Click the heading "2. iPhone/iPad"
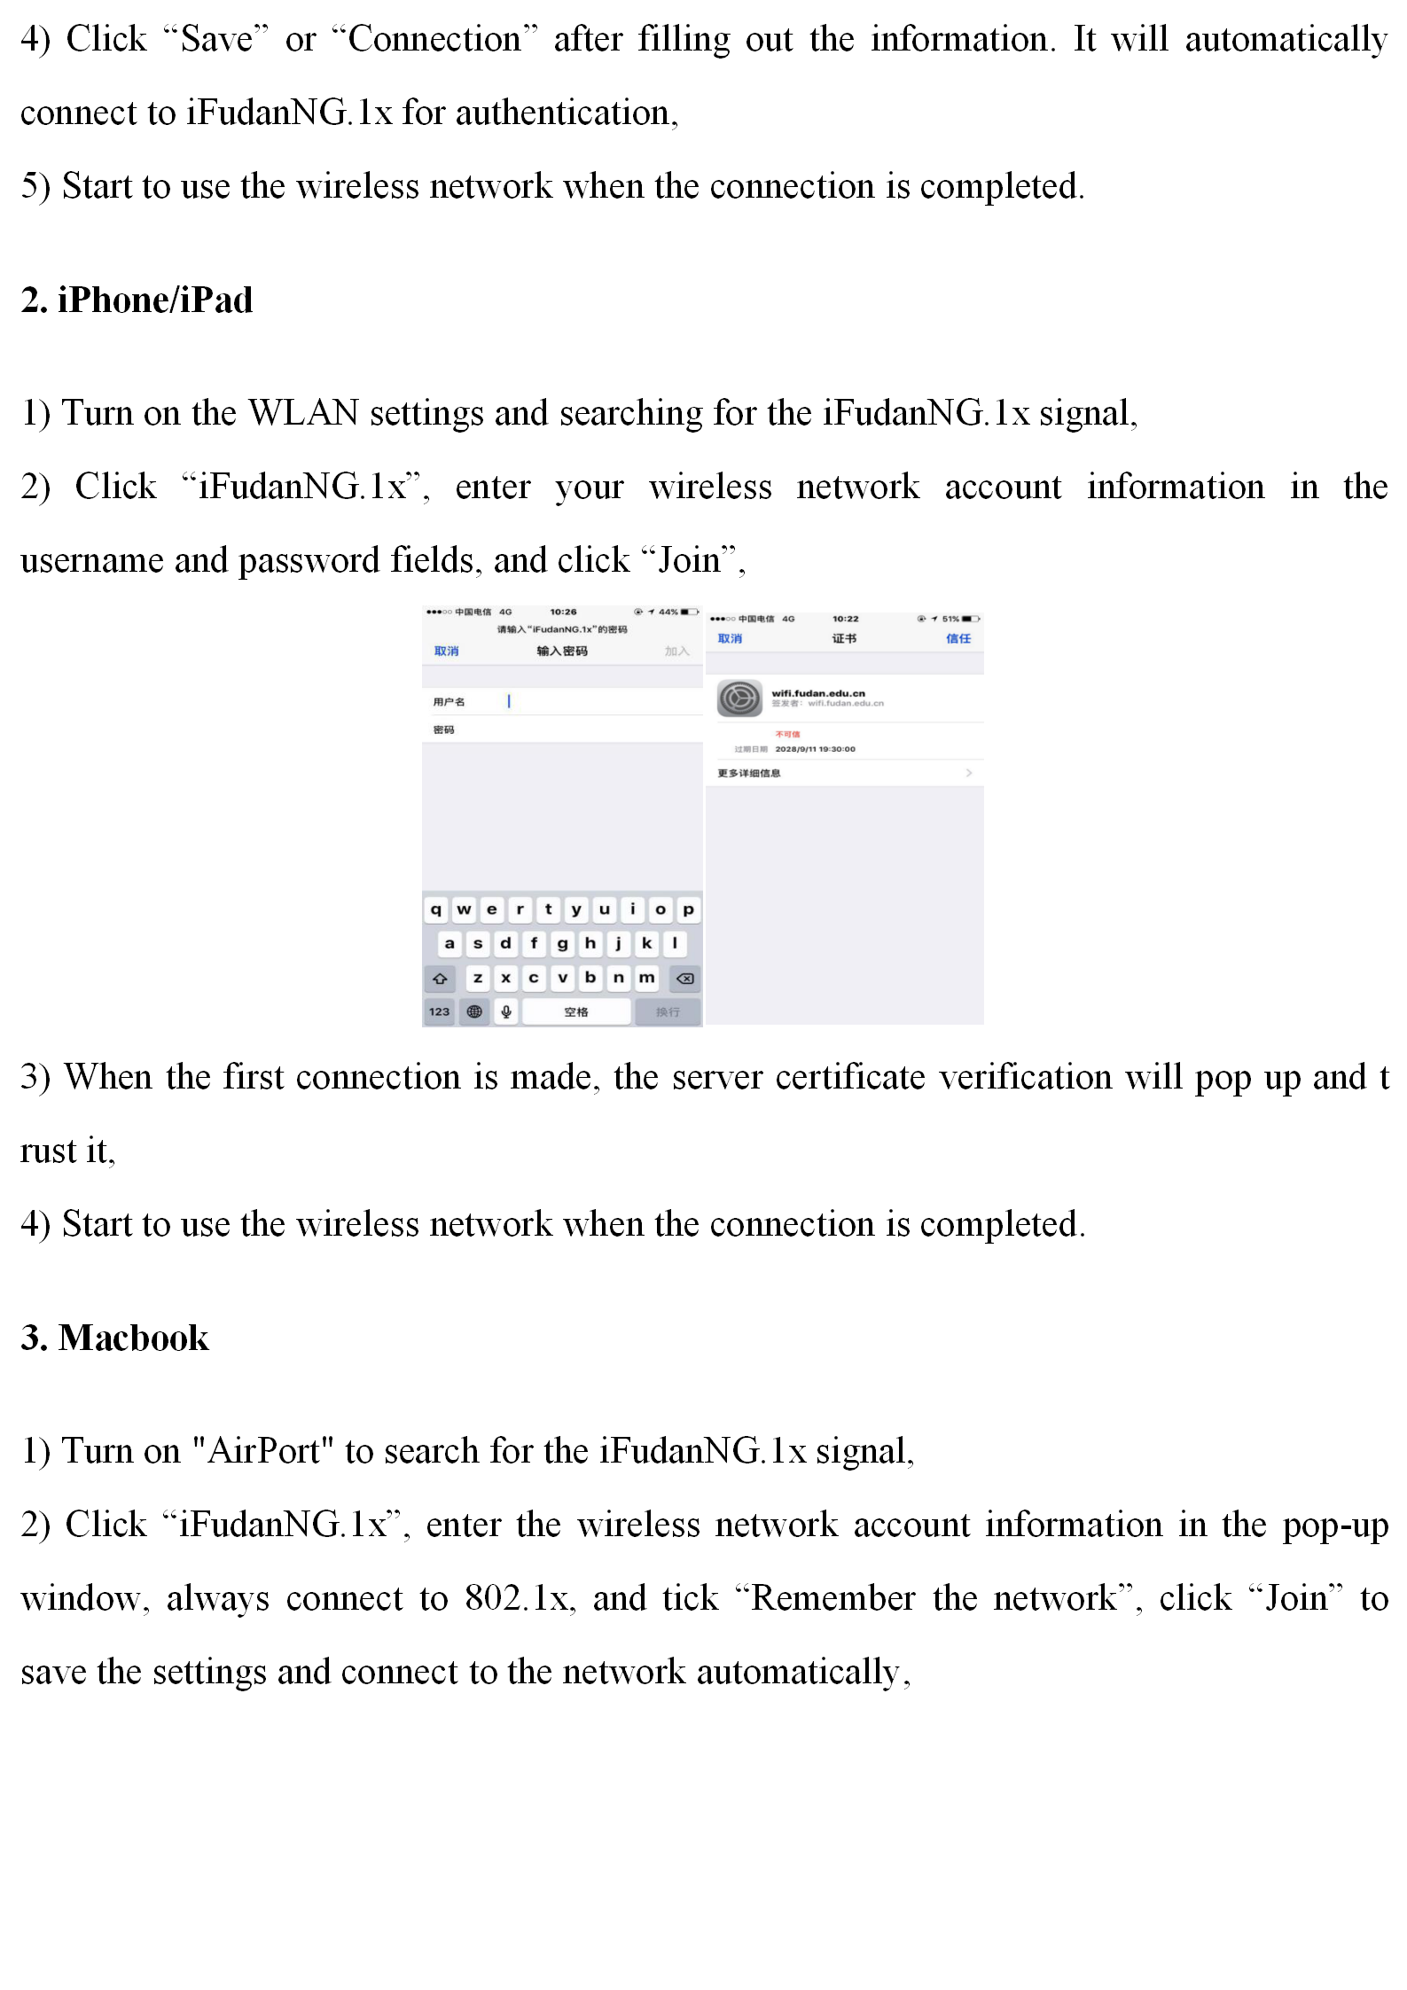point(137,300)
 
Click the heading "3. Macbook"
point(115,1338)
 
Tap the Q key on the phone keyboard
point(435,909)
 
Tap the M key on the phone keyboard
point(647,978)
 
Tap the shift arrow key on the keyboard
point(440,979)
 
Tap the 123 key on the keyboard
point(439,1011)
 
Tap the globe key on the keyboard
point(474,1011)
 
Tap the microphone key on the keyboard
point(505,1011)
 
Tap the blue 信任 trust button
point(958,638)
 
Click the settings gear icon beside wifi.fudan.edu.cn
point(739,698)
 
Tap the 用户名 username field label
point(449,702)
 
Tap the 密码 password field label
point(443,730)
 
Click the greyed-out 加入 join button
point(676,652)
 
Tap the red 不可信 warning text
point(787,734)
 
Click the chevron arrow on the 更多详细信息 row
point(968,773)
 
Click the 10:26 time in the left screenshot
point(563,612)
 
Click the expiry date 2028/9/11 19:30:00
point(815,749)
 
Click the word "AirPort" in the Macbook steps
point(262,1451)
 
